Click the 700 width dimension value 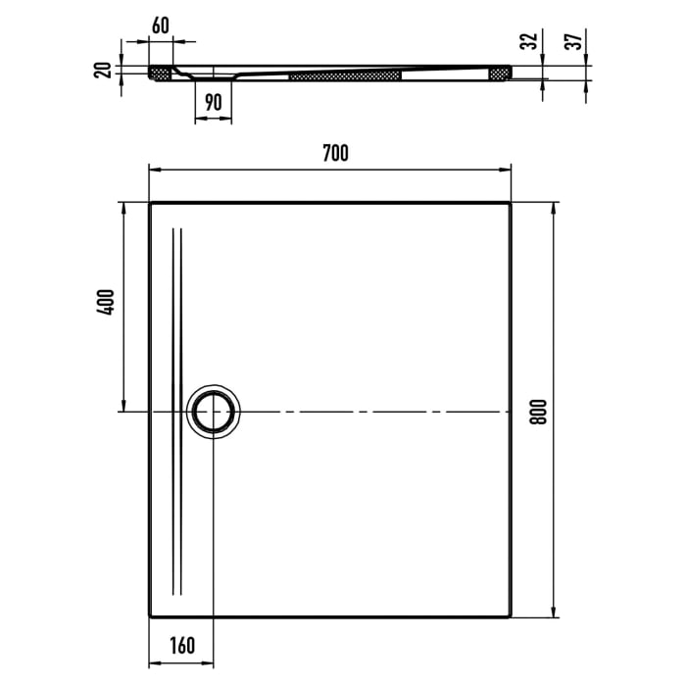pyautogui.click(x=334, y=152)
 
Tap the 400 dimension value pyautogui.click(x=107, y=302)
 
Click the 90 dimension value pyautogui.click(x=214, y=101)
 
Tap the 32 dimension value pyautogui.click(x=529, y=42)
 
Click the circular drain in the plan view pyautogui.click(x=214, y=412)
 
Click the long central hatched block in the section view pyautogui.click(x=346, y=75)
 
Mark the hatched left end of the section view pyautogui.click(x=159, y=73)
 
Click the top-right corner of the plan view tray pyautogui.click(x=510, y=204)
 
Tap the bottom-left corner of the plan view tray pyautogui.click(x=151, y=616)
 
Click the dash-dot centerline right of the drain pyautogui.click(x=372, y=412)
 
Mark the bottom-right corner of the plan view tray pyautogui.click(x=510, y=616)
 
